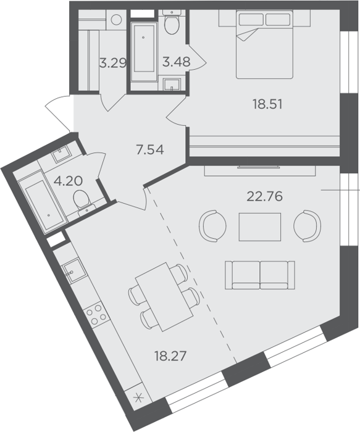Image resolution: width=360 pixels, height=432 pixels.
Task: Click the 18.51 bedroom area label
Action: [x=267, y=104]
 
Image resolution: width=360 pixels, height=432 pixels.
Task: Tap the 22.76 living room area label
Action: [x=265, y=196]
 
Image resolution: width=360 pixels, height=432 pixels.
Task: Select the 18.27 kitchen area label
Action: [x=170, y=355]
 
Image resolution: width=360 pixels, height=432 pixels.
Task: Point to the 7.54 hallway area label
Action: [x=150, y=149]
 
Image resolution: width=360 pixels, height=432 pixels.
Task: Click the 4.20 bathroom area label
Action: [x=68, y=181]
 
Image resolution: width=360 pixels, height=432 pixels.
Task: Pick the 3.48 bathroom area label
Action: [x=176, y=62]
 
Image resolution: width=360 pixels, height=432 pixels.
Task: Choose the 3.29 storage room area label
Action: [x=113, y=63]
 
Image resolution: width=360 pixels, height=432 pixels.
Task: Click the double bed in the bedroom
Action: [x=264, y=44]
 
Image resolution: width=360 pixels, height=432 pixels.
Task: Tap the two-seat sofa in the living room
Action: [x=260, y=275]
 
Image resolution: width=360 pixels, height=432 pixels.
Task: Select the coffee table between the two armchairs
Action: [x=260, y=226]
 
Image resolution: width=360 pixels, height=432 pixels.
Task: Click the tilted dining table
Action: [x=164, y=297]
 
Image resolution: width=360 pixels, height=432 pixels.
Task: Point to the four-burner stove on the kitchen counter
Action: [x=96, y=315]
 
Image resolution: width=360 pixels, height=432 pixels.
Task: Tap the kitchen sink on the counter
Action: [x=73, y=271]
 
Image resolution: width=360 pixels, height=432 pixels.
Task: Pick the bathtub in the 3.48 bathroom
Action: [x=144, y=52]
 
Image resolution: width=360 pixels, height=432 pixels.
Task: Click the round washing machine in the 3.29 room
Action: [x=116, y=20]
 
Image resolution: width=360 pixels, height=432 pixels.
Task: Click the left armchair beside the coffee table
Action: [x=212, y=226]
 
